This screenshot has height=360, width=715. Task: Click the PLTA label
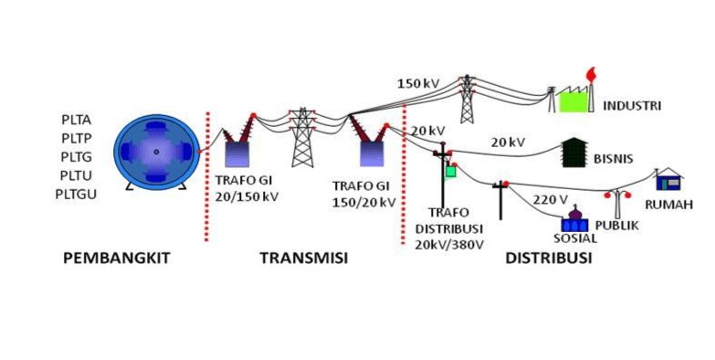point(78,120)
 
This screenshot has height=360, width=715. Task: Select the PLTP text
point(78,138)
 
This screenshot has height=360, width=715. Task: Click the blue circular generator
point(156,152)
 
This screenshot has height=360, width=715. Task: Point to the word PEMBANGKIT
point(116,259)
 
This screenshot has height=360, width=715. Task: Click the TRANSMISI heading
point(304,259)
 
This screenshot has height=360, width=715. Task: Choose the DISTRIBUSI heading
point(548,259)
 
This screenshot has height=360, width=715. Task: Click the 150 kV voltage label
point(418,84)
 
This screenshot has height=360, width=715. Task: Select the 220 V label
point(551,199)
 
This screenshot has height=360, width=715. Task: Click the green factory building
point(574,98)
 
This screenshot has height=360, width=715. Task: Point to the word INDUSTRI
point(631,105)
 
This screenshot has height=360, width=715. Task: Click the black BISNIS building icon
point(573,153)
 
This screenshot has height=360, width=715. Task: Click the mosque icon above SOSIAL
point(574,219)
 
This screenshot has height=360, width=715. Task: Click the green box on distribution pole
point(450,170)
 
